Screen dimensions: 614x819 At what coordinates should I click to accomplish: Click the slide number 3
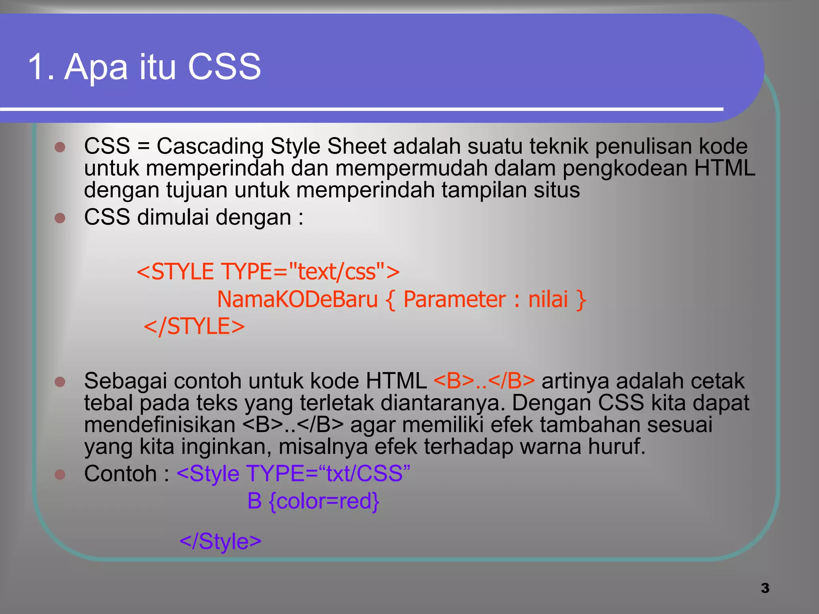coord(765,588)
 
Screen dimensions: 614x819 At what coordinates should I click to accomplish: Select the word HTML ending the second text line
coord(725,168)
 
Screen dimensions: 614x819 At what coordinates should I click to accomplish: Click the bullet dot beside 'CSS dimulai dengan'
coord(60,218)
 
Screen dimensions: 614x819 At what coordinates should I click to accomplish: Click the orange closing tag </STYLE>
coord(194,326)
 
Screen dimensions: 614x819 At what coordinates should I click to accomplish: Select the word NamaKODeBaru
coord(297,299)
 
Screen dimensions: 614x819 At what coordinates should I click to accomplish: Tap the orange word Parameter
coord(455,299)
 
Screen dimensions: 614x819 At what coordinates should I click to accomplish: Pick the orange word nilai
coord(548,299)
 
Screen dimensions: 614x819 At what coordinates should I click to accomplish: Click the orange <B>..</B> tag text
coord(484,381)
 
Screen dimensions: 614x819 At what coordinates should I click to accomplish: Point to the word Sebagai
coord(126,381)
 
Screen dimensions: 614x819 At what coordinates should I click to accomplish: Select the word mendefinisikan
coord(160,425)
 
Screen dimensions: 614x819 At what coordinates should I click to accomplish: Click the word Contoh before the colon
coord(120,474)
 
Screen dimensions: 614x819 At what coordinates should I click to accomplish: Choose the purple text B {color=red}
coord(313,501)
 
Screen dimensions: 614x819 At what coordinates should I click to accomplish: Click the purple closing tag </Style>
coord(220,541)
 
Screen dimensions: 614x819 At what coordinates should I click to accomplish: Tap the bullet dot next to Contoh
coord(60,474)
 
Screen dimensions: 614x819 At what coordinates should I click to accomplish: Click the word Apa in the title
coord(96,67)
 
